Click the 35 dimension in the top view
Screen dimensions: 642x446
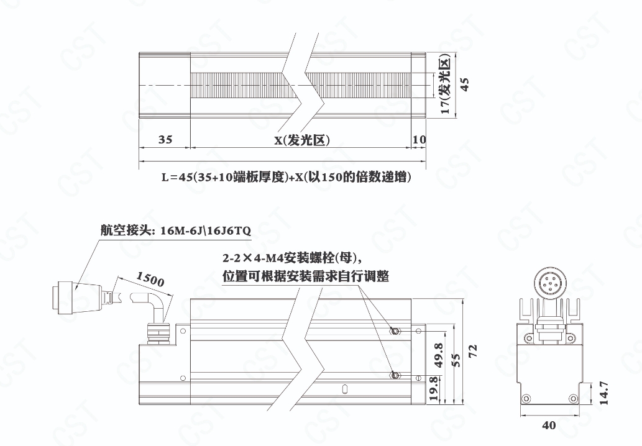tap(165, 140)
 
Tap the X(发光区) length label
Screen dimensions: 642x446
tap(302, 140)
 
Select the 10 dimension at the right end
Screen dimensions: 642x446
tap(419, 140)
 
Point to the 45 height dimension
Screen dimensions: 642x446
tap(465, 84)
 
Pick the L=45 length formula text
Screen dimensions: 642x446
tap(287, 177)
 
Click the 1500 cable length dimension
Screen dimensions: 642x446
tap(150, 279)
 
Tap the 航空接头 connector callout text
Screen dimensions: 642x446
tap(176, 231)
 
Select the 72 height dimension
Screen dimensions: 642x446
tap(473, 351)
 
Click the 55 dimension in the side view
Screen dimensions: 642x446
tap(456, 360)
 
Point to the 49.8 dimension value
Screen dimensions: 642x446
tap(439, 355)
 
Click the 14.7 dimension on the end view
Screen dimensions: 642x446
tap(604, 393)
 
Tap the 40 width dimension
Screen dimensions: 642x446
tap(549, 426)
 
